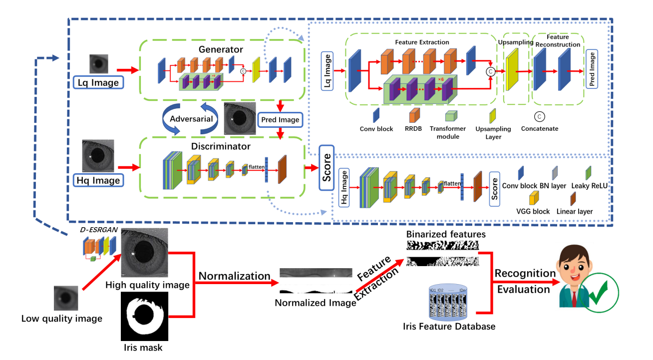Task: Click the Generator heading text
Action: tap(221, 49)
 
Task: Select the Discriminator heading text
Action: tap(221, 146)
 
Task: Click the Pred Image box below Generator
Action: tap(280, 120)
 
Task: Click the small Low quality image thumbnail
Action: tap(66, 298)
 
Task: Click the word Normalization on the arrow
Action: tap(235, 276)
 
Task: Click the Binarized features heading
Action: tap(446, 234)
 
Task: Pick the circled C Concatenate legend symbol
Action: tap(539, 116)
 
